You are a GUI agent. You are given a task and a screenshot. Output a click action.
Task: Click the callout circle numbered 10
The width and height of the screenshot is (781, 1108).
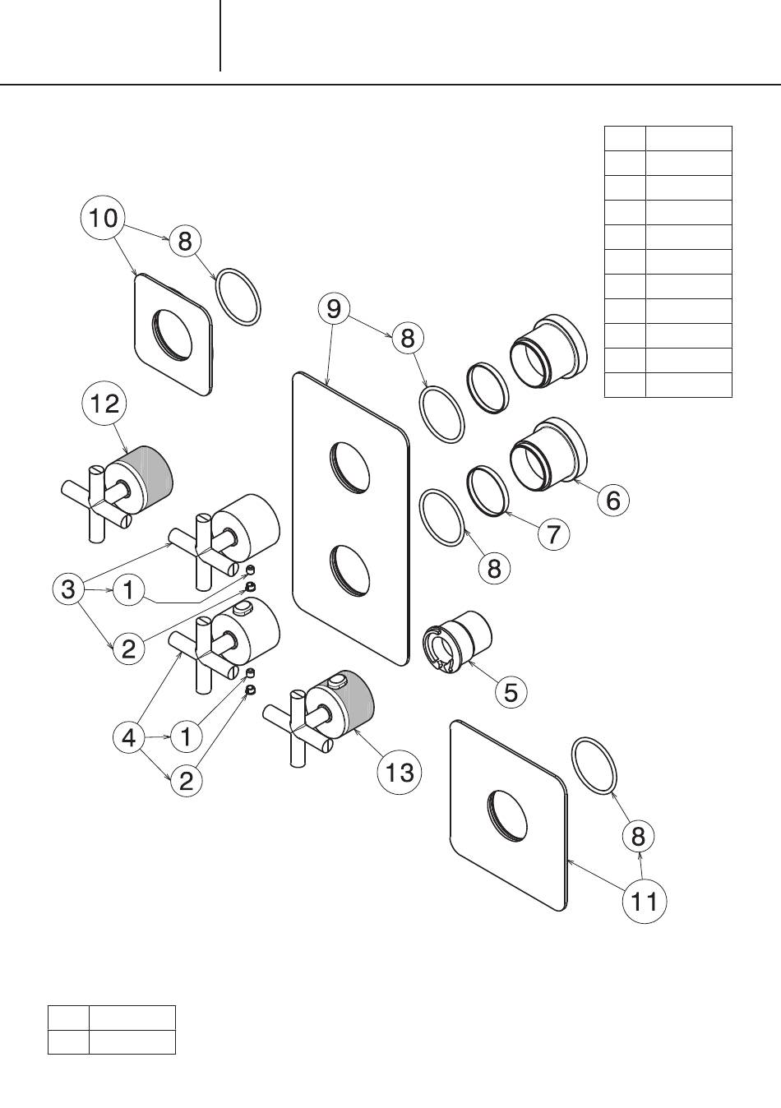point(103,219)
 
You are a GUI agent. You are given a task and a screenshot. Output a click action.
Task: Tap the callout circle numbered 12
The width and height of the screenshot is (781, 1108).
point(104,403)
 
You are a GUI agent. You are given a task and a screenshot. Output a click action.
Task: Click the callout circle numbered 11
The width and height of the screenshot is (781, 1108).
point(644,901)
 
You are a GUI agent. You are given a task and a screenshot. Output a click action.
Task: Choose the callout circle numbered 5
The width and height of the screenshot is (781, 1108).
point(511,691)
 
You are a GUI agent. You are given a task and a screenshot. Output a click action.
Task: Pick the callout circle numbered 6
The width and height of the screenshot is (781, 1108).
point(613,499)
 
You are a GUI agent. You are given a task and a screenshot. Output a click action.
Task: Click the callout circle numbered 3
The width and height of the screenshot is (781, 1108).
point(68,589)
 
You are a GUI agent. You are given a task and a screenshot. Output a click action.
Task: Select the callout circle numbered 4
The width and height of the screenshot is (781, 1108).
point(129,737)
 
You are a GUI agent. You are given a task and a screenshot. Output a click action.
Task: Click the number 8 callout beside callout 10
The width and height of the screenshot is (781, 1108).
point(185,241)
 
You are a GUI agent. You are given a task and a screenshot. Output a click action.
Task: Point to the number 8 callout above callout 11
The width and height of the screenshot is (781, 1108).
point(638,837)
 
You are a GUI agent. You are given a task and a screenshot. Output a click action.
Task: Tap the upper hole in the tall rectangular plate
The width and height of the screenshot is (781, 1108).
point(351,467)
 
